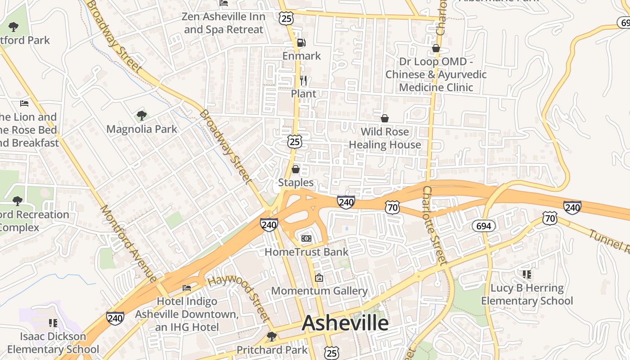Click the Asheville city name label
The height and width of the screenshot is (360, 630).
pyautogui.click(x=346, y=323)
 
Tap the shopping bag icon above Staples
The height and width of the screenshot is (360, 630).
pyautogui.click(x=296, y=170)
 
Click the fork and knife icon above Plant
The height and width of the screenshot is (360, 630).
pyautogui.click(x=303, y=81)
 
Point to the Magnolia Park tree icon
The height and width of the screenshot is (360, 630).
pyautogui.click(x=142, y=116)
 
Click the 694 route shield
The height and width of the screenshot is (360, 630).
pyautogui.click(x=483, y=226)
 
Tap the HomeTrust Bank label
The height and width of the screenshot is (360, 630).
pyautogui.click(x=306, y=252)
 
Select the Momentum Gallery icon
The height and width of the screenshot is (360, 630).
pyautogui.click(x=319, y=278)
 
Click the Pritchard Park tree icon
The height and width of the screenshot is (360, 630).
pyautogui.click(x=272, y=336)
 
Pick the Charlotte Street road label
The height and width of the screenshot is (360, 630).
pyautogui.click(x=435, y=225)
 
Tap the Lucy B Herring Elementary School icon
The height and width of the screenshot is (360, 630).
pyautogui.click(x=527, y=274)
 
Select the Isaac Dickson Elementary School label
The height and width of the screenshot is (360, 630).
pyautogui.click(x=53, y=343)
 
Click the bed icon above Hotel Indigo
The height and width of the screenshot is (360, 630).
pyautogui.click(x=187, y=288)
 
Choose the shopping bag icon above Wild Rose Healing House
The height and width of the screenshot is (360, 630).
pyautogui.click(x=385, y=118)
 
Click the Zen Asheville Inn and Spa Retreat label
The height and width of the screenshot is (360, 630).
pyautogui.click(x=224, y=23)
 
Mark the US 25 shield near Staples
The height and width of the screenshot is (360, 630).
pyautogui.click(x=295, y=142)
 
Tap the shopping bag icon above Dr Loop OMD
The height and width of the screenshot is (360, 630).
pyautogui.click(x=436, y=48)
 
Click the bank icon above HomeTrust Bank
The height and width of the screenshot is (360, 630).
pyautogui.click(x=306, y=238)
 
